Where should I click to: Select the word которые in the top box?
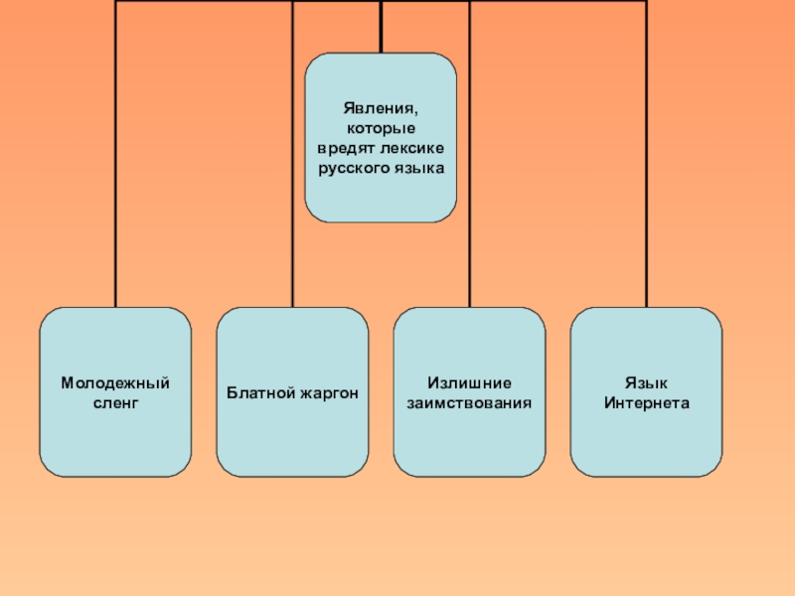(381, 128)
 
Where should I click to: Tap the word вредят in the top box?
(341, 148)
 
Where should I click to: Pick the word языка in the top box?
(417, 168)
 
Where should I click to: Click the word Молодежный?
(115, 383)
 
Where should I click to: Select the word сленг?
(115, 403)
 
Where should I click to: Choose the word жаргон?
(326, 393)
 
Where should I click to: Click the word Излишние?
(469, 383)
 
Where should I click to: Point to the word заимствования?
(469, 403)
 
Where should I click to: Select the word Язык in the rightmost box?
(646, 383)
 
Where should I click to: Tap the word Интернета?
(646, 403)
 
